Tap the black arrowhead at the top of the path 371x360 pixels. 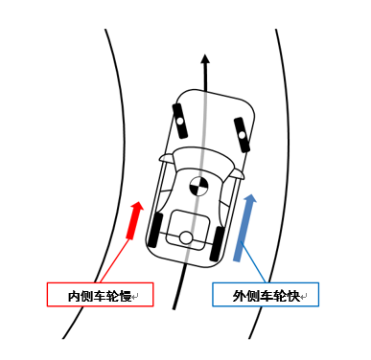(204, 60)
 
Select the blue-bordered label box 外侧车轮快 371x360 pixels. (266, 295)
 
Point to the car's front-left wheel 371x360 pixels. (179, 121)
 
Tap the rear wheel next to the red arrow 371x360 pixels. (156, 230)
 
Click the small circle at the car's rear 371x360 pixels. (186, 237)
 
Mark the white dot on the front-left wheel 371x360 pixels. (179, 121)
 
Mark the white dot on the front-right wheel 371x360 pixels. (241, 131)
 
